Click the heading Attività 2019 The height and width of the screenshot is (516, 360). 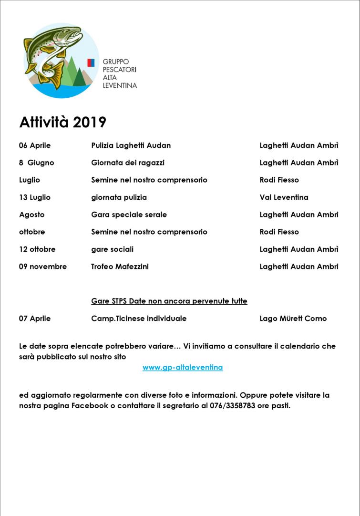62,123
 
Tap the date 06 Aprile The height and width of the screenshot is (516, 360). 35,145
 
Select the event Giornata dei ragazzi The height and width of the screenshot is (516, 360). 128,163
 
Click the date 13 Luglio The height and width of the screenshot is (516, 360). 35,197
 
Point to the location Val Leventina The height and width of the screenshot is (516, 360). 284,197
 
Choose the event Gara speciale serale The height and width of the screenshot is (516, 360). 129,215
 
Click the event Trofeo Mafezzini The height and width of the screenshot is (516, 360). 120,267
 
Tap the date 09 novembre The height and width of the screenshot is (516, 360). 43,267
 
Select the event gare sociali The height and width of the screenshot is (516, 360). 112,249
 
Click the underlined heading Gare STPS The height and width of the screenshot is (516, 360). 169,301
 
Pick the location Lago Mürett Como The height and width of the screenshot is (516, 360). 293,319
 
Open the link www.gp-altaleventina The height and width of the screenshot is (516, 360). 183,368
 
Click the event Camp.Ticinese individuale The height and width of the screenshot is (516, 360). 139,319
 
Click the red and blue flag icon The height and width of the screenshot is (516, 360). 91,62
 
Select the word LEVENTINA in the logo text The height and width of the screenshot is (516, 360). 120,85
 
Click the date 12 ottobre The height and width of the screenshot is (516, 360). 37,249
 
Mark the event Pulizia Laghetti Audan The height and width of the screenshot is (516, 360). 131,145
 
